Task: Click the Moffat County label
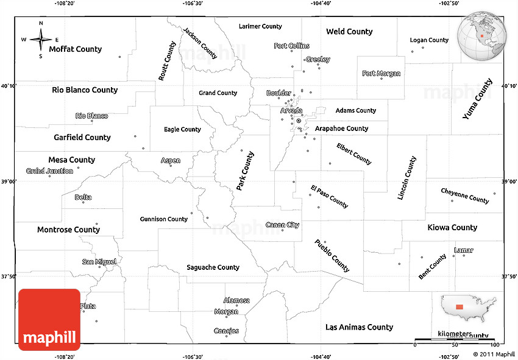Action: pyautogui.click(x=76, y=49)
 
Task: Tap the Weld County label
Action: pyautogui.click(x=349, y=31)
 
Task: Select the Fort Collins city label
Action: pyautogui.click(x=292, y=46)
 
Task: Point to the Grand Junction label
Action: pyautogui.click(x=49, y=171)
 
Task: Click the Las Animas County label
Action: pyautogui.click(x=359, y=326)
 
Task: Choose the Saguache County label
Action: pyautogui.click(x=213, y=267)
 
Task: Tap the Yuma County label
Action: pyautogui.click(x=477, y=98)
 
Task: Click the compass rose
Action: pyautogui.click(x=41, y=40)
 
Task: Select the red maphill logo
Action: pyautogui.click(x=49, y=319)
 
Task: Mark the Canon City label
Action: pyautogui.click(x=283, y=225)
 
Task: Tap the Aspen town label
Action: pyautogui.click(x=170, y=161)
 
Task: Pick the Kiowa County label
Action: pyautogui.click(x=452, y=227)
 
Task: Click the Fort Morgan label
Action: pyautogui.click(x=381, y=73)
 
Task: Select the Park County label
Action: pyautogui.click(x=246, y=171)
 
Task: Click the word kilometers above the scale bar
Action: pyautogui.click(x=454, y=334)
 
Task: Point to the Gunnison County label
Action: pyautogui.click(x=164, y=219)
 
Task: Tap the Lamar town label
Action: pyautogui.click(x=464, y=250)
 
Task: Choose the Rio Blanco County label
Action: pyautogui.click(x=85, y=90)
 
